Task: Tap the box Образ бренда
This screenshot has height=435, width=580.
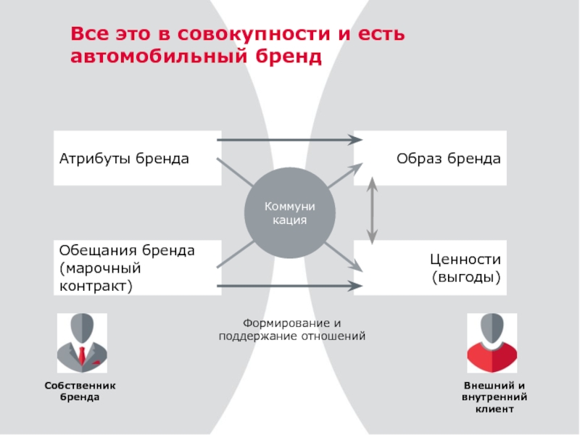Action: (430, 158)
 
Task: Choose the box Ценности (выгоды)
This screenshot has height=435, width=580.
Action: (430, 268)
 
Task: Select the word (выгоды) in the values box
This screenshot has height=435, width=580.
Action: (466, 276)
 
